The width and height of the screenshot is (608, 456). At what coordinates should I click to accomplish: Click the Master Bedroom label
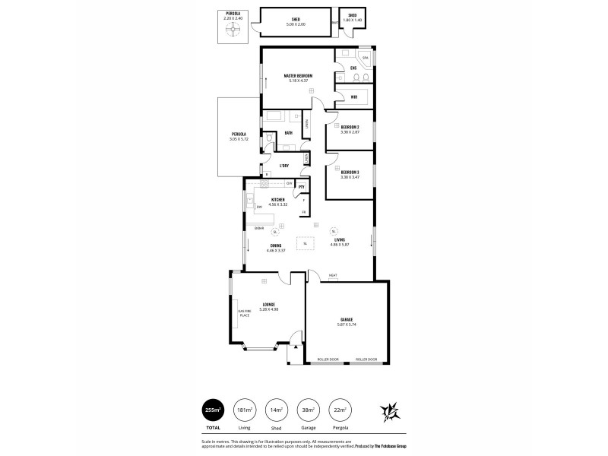pyautogui.click(x=299, y=76)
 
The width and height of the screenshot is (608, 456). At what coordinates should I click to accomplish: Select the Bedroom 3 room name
pyautogui.click(x=350, y=172)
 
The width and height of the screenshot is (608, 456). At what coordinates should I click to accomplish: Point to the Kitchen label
pyautogui.click(x=278, y=199)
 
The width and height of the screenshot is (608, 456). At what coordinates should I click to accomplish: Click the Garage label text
pyautogui.click(x=346, y=319)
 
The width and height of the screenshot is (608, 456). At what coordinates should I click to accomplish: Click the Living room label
pyautogui.click(x=350, y=239)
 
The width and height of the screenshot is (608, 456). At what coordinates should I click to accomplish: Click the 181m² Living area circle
pyautogui.click(x=245, y=410)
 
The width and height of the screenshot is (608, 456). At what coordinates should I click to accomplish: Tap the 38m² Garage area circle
pyautogui.click(x=308, y=410)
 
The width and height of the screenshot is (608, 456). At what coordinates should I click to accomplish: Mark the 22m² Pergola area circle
pyautogui.click(x=340, y=410)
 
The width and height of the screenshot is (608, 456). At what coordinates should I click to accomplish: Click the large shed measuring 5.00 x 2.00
pyautogui.click(x=296, y=22)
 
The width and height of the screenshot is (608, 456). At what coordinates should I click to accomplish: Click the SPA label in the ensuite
pyautogui.click(x=365, y=58)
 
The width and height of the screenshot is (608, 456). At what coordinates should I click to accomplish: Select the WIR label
pyautogui.click(x=353, y=97)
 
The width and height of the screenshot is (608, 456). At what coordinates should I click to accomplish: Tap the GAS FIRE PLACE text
pyautogui.click(x=244, y=313)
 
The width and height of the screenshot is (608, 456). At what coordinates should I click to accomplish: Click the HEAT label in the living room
pyautogui.click(x=333, y=275)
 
